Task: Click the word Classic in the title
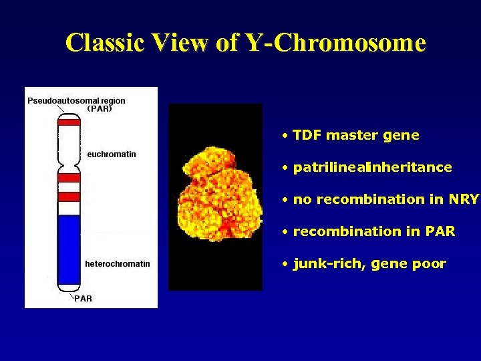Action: click(x=106, y=43)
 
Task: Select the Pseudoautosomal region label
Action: click(x=76, y=100)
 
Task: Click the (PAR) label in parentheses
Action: click(x=100, y=108)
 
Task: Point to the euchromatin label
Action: click(x=112, y=154)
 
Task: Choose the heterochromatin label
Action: click(x=118, y=264)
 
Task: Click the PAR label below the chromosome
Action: click(x=83, y=299)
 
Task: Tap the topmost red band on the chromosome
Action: click(x=69, y=122)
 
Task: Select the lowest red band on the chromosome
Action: click(x=69, y=197)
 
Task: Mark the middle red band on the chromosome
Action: click(x=69, y=178)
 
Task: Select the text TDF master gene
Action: click(x=356, y=136)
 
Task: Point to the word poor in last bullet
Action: click(x=429, y=264)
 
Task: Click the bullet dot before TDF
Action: click(x=285, y=136)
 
